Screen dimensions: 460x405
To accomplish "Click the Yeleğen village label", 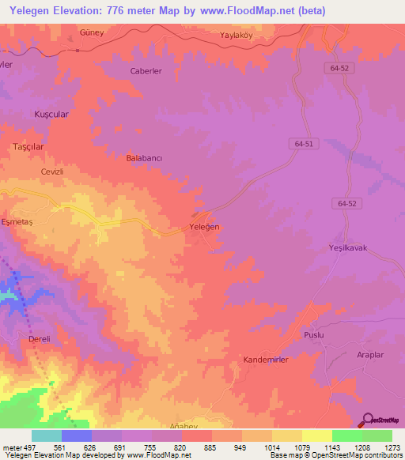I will tap(205, 227).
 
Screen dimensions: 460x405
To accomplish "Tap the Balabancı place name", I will tap(144, 158).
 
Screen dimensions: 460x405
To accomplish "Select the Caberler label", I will tap(146, 70).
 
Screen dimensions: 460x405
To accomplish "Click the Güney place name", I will tap(93, 32).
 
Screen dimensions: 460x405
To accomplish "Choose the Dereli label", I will tap(39, 339).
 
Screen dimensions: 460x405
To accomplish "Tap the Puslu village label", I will tap(315, 335).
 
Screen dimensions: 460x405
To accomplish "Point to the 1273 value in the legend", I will tap(392, 447).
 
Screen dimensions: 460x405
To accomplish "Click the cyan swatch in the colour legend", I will tap(46, 435).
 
